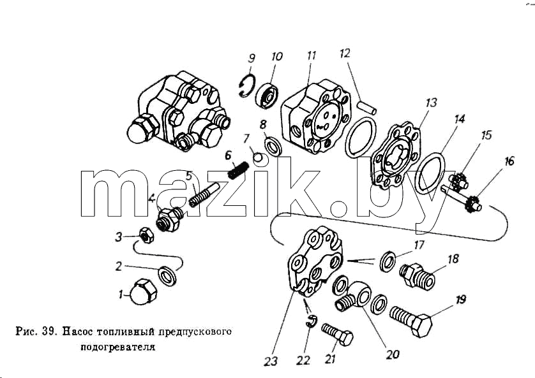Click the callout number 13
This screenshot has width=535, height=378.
click(x=431, y=103)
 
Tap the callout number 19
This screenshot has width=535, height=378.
click(x=460, y=300)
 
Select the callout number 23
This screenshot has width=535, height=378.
click(x=271, y=361)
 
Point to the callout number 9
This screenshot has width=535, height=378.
click(x=252, y=58)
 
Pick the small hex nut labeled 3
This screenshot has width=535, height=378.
click(x=146, y=235)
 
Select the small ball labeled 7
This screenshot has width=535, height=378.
click(x=258, y=157)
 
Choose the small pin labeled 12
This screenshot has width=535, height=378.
click(x=367, y=106)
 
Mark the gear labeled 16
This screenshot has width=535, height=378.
click(x=472, y=205)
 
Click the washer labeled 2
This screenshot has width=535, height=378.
click(x=167, y=275)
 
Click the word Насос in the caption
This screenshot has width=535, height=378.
click(x=77, y=331)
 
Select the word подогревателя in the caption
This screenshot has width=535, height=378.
click(x=117, y=347)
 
